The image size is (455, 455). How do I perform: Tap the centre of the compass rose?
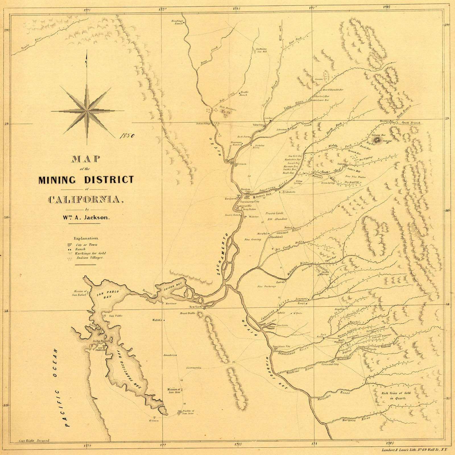coord(86,111)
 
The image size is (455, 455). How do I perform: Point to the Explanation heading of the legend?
coord(86,238)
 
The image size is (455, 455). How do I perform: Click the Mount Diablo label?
coord(187,313)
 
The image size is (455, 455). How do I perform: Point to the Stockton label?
coord(282,325)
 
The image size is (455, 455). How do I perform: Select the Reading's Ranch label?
coord(177,22)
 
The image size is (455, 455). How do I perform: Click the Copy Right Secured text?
coord(34,440)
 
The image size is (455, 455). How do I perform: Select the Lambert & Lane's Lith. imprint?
coord(415,450)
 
